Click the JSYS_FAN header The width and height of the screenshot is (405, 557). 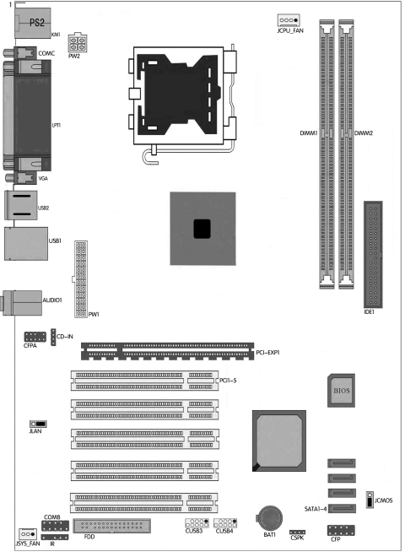click(27, 534)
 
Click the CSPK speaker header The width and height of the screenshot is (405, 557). click(296, 534)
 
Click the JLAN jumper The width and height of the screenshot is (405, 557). click(38, 424)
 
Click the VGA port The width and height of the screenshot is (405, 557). click(24, 179)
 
